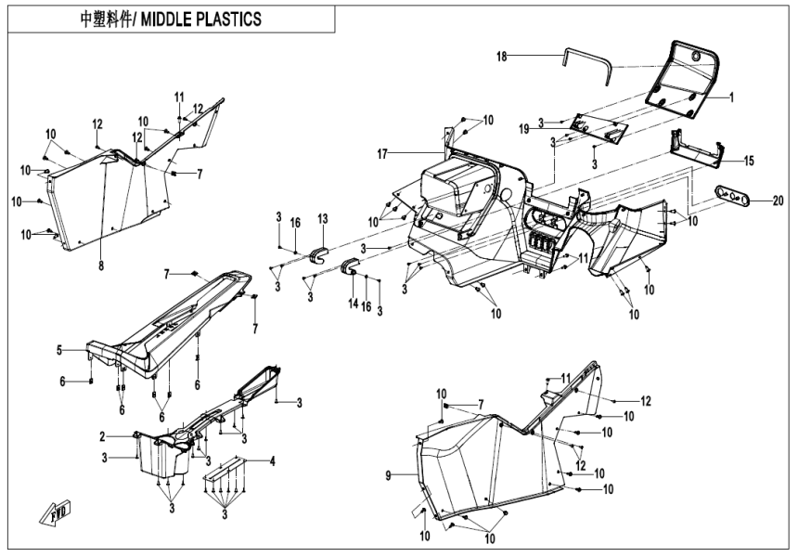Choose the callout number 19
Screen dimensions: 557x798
pos(549,127)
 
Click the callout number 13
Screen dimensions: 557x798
pos(323,218)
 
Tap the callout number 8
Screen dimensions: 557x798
pos(101,266)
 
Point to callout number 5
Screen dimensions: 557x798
pos(58,350)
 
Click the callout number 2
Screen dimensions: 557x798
pos(102,435)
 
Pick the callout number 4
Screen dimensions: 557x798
pos(272,460)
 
